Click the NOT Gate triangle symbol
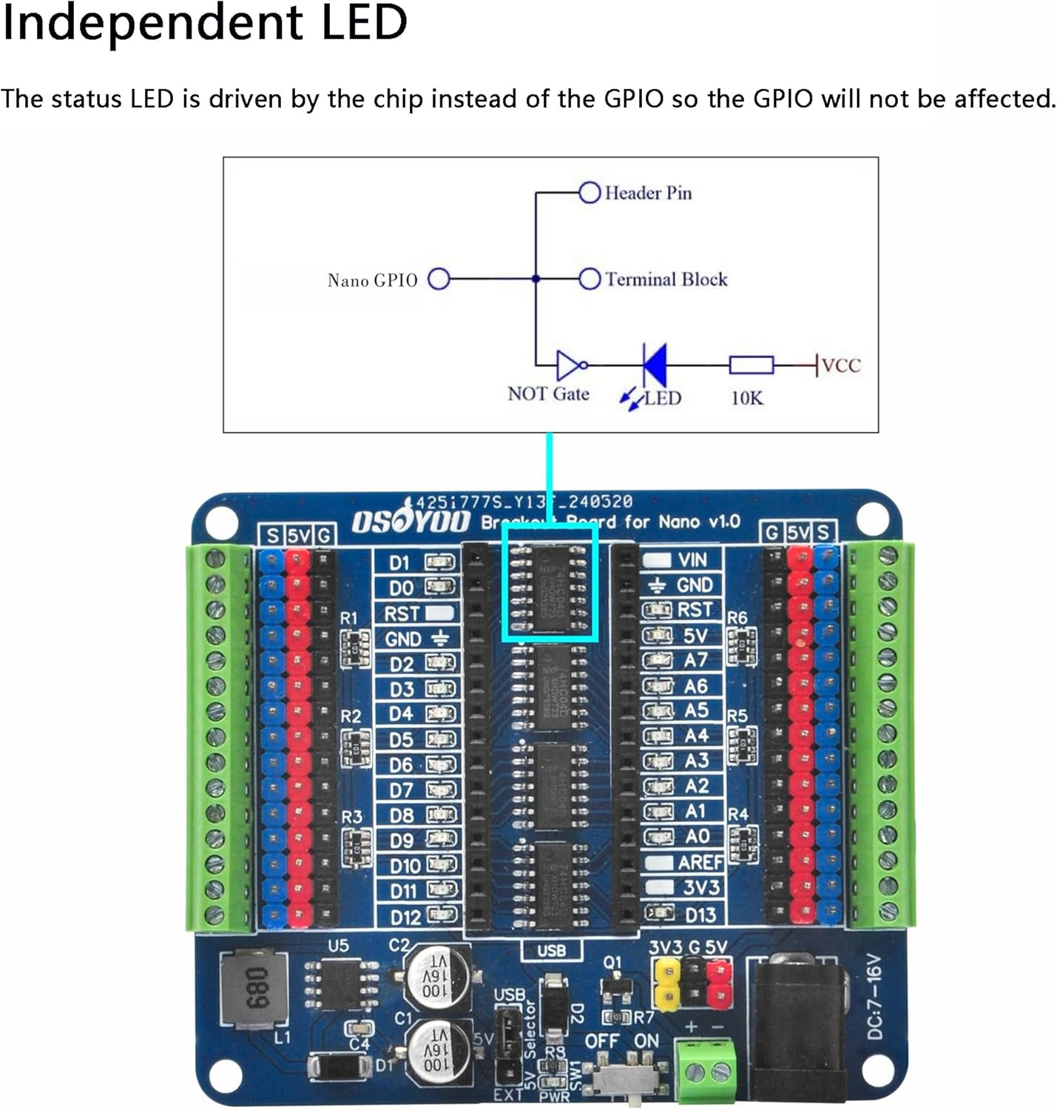pyautogui.click(x=569, y=364)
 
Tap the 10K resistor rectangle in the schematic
pyautogui.click(x=751, y=365)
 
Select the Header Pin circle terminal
pyautogui.click(x=589, y=192)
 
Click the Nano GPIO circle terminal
pyautogui.click(x=439, y=279)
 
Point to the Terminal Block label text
pyautogui.click(x=666, y=279)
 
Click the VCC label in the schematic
pyautogui.click(x=841, y=365)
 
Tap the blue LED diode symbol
pyautogui.click(x=655, y=364)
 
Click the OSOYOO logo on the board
pyautogui.click(x=411, y=521)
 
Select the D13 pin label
pyautogui.click(x=700, y=915)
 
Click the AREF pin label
pyautogui.click(x=700, y=863)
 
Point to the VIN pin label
pyautogui.click(x=692, y=560)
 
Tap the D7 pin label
pyautogui.click(x=402, y=790)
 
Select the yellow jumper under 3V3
pyautogui.click(x=667, y=985)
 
